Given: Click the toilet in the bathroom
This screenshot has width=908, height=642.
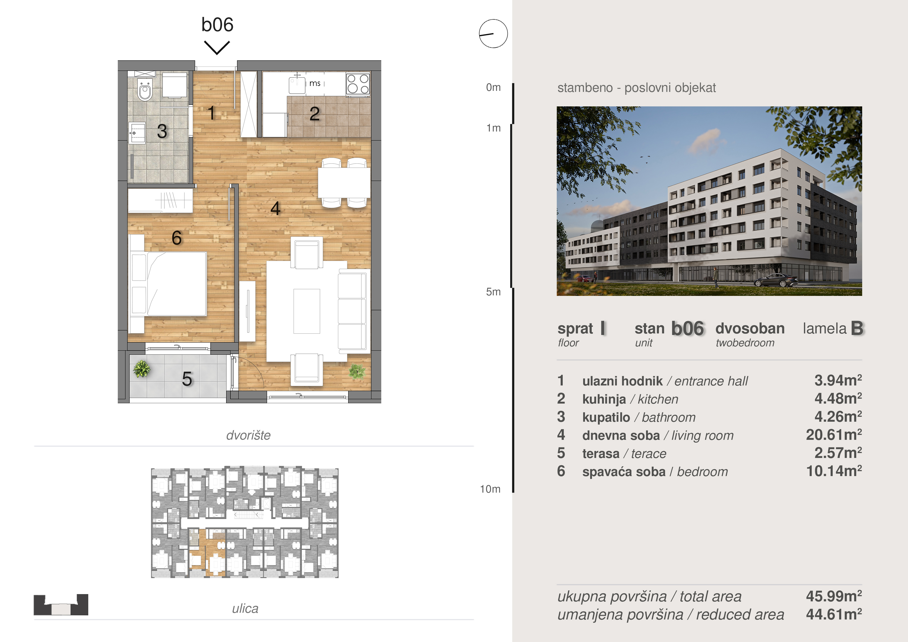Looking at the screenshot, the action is [x=145, y=90].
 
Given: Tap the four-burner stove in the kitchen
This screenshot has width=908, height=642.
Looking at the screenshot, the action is [x=358, y=84].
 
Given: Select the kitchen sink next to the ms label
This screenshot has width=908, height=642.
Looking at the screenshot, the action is [x=297, y=85].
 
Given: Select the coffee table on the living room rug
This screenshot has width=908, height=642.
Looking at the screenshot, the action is [x=306, y=311].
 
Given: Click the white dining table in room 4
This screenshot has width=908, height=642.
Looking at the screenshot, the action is [x=344, y=183].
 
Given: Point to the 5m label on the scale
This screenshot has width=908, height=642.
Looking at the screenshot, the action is [x=493, y=292].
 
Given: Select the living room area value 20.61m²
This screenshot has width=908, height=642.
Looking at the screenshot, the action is [x=834, y=435].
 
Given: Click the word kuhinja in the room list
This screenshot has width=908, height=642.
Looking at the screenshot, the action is [x=604, y=399].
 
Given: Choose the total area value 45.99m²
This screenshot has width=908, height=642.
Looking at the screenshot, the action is [x=834, y=596].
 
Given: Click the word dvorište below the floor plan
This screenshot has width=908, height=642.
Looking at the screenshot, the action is [x=248, y=435].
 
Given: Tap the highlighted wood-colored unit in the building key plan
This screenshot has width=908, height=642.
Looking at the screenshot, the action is [x=207, y=552].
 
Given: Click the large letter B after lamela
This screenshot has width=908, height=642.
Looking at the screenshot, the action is [x=857, y=328].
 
